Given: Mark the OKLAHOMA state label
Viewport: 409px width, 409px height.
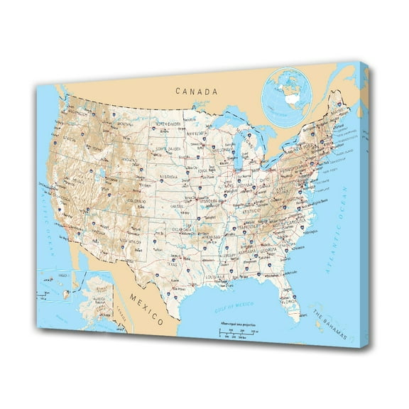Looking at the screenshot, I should (x=183, y=229).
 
